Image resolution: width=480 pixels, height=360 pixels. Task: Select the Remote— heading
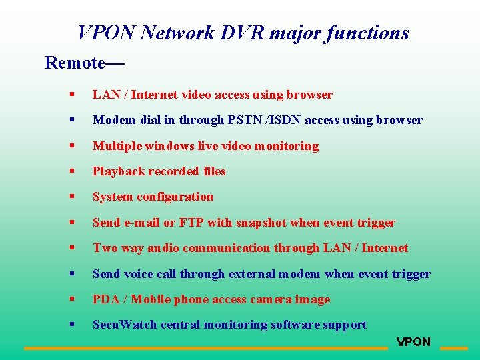[x=84, y=63]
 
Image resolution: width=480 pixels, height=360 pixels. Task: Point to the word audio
[x=163, y=248]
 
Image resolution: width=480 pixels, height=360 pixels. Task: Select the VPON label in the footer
[x=413, y=342]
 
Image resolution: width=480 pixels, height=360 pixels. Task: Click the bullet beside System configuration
[x=71, y=197]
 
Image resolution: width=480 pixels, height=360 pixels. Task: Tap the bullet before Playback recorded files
[x=71, y=171]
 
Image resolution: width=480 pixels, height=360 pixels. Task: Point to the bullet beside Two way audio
[x=71, y=248]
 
